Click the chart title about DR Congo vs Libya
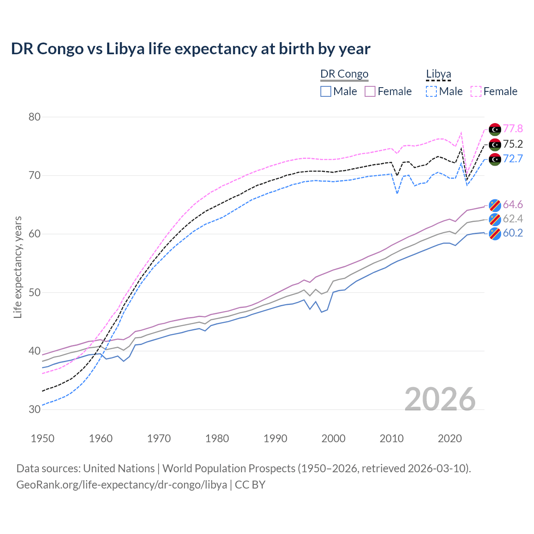pyautogui.click(x=191, y=49)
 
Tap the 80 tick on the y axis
pyautogui.click(x=35, y=117)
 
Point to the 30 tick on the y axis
pyautogui.click(x=35, y=409)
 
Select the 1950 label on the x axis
pyautogui.click(x=43, y=438)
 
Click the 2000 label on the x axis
pyautogui.click(x=333, y=438)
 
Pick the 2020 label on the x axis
pyautogui.click(x=450, y=438)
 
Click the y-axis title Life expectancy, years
pyautogui.click(x=18, y=267)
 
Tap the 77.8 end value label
pyautogui.click(x=513, y=129)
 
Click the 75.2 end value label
pyautogui.click(x=513, y=144)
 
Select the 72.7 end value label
pyautogui.click(x=513, y=159)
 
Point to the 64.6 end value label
pyautogui.click(x=513, y=204)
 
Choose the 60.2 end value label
pyautogui.click(x=513, y=233)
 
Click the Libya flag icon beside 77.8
pyautogui.click(x=495, y=129)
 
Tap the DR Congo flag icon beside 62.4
pyautogui.click(x=495, y=219)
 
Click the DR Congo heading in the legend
pyautogui.click(x=344, y=74)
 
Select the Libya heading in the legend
pyautogui.click(x=438, y=74)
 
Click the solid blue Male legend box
pyautogui.click(x=326, y=91)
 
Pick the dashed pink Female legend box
pyautogui.click(x=476, y=91)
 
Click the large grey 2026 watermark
pyautogui.click(x=440, y=399)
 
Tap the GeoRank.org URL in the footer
pyautogui.click(x=121, y=485)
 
